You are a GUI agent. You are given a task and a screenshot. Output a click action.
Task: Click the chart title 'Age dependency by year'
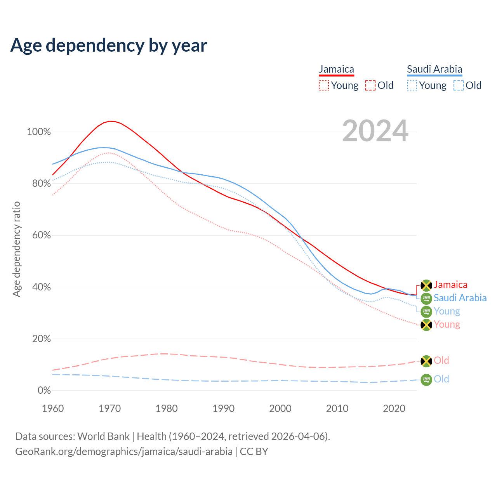[109, 45]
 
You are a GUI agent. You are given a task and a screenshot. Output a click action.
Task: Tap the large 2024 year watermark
[375, 131]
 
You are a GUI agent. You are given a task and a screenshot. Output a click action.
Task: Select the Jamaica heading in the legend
[336, 70]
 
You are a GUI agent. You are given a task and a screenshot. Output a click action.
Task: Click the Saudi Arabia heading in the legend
[434, 70]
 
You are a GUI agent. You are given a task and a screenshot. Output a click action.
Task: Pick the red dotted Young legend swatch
[323, 85]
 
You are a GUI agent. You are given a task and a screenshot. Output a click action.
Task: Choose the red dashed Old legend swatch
[370, 85]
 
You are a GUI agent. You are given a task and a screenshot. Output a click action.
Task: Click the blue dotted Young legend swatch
[412, 85]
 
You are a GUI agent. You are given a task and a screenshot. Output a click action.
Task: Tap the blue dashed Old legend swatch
[459, 85]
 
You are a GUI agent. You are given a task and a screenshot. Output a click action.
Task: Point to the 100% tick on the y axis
[39, 132]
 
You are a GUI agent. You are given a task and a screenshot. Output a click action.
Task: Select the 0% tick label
[44, 391]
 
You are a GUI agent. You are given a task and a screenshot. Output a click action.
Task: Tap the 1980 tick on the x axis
[167, 408]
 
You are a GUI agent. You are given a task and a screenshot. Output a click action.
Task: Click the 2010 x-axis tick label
[337, 408]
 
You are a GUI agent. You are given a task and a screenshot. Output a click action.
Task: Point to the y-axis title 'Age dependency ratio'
[16, 249]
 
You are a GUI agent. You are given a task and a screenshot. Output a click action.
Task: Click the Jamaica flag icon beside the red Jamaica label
[426, 285]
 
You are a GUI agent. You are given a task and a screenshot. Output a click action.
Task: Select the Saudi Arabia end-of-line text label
[460, 298]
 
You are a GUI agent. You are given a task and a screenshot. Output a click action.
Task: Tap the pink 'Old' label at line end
[441, 361]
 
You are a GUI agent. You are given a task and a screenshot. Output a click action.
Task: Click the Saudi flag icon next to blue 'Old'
[426, 380]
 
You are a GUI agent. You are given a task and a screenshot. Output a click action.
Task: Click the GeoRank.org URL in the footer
[124, 452]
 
